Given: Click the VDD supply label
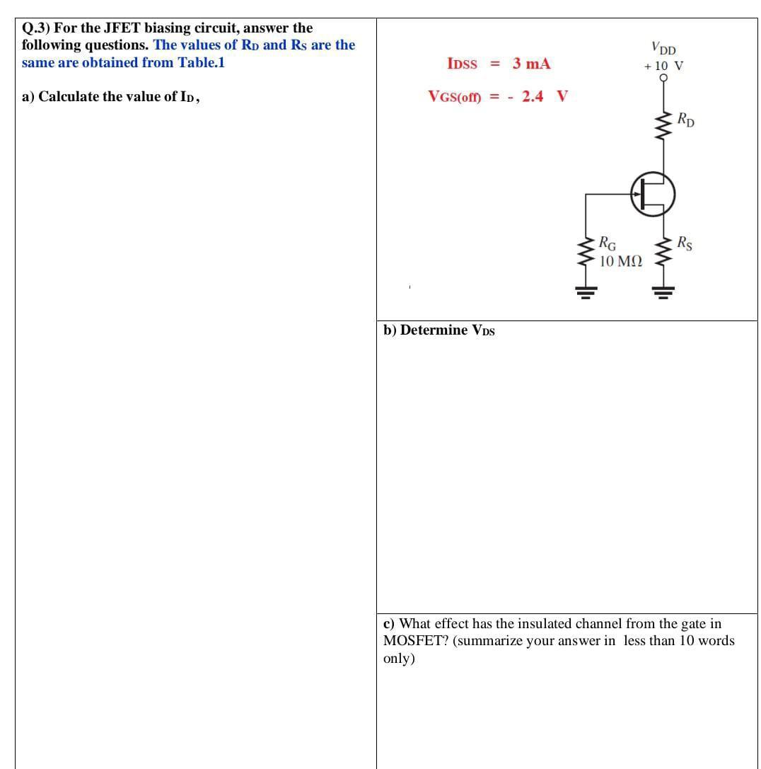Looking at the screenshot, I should [663, 50].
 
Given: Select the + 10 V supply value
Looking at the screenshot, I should [663, 66].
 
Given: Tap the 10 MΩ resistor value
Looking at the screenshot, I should [620, 261].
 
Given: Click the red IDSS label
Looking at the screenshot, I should [463, 64].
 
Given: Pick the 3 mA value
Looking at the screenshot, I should [531, 64].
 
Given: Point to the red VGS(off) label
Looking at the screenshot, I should [454, 97].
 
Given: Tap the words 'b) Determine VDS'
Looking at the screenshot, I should [438, 330].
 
